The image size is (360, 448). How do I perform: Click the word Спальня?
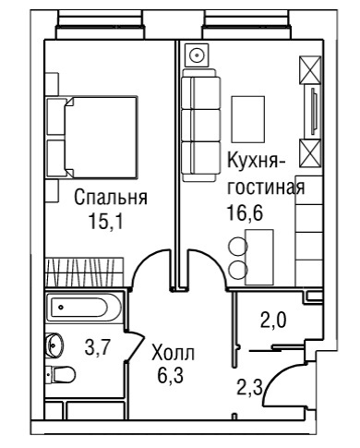(x=111, y=198)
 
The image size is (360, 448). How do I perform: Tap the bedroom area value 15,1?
(x=105, y=221)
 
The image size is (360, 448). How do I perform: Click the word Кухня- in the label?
(x=257, y=161)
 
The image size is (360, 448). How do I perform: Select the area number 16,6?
(x=245, y=212)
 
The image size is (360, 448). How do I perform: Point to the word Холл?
(x=174, y=353)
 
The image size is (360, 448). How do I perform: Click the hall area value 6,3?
(x=170, y=375)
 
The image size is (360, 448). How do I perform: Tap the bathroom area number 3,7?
(x=96, y=347)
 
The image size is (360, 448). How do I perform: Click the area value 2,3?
(x=249, y=387)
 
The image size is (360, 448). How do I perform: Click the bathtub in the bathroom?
(x=84, y=308)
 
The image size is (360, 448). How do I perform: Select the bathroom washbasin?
(x=54, y=345)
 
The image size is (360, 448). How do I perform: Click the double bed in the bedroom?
(x=91, y=138)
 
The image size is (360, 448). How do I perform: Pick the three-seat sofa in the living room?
(x=200, y=125)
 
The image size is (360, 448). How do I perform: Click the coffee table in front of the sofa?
(x=248, y=119)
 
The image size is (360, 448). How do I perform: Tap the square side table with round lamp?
(x=197, y=55)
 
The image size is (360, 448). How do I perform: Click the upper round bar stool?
(x=238, y=246)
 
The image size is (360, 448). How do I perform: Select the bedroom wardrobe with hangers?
(x=84, y=272)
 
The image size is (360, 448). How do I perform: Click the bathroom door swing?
(x=137, y=345)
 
